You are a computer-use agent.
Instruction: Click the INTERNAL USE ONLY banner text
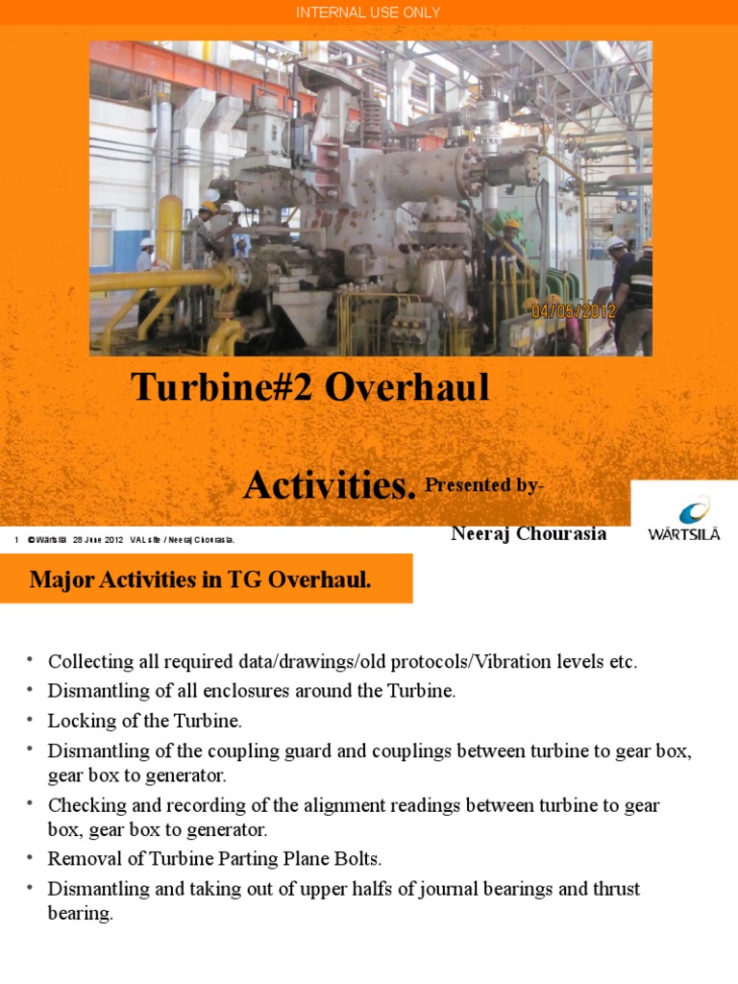tap(368, 12)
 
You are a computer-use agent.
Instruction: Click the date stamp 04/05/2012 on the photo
tap(573, 310)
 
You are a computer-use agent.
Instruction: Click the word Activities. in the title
tap(330, 485)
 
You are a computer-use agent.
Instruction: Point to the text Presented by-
tap(484, 485)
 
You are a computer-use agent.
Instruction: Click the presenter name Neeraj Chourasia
tap(529, 533)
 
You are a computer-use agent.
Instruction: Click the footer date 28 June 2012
tap(98, 540)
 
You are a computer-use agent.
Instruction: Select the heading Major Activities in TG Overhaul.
tap(200, 579)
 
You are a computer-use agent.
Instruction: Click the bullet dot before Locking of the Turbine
tap(30, 718)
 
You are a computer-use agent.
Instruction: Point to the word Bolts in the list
tap(358, 858)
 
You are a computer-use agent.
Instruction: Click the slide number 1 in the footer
tap(17, 540)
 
